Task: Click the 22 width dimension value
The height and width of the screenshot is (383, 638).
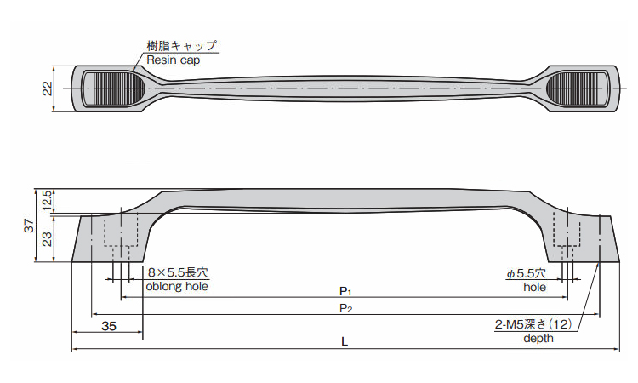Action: pos(48,89)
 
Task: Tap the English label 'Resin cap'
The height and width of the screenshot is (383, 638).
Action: pos(174,60)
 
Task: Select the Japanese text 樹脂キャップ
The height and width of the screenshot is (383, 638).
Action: pos(182,45)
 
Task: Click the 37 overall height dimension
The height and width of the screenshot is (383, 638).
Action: pos(30,226)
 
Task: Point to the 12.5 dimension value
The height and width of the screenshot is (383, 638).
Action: pos(48,200)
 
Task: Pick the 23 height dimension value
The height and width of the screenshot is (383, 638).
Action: pos(48,239)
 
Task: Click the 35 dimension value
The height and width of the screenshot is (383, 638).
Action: pos(109,326)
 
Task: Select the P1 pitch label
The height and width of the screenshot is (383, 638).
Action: pos(345,291)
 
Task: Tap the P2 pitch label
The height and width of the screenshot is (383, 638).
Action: pos(345,308)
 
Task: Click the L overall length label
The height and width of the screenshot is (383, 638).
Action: pos(345,341)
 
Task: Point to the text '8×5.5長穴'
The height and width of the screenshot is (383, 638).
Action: pos(178,272)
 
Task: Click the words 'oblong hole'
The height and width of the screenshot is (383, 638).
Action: pos(177,286)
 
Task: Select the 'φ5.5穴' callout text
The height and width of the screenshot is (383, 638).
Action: pos(526,273)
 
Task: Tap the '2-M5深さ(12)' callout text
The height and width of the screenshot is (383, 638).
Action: pos(533,324)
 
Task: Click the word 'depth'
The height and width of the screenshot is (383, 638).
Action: pos(538,338)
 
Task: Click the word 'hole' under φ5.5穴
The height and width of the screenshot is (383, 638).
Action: pos(535,288)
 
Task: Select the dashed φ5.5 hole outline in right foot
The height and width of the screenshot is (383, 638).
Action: pos(567,235)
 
